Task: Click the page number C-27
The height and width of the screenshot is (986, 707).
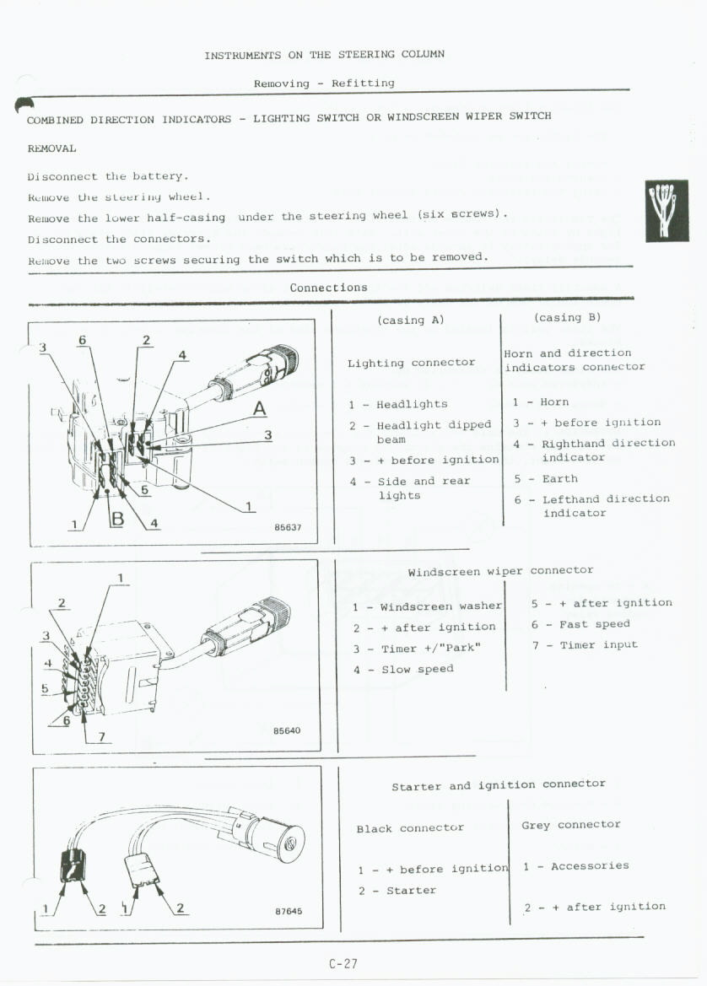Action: click(x=343, y=963)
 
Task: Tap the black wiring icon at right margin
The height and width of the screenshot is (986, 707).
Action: click(x=667, y=211)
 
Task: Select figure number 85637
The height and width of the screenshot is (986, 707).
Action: click(x=288, y=528)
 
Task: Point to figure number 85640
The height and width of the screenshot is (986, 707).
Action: click(x=287, y=730)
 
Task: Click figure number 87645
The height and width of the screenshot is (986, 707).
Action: click(x=289, y=911)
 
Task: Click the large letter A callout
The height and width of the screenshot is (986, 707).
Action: click(x=260, y=409)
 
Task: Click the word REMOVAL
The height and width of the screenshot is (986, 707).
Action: click(x=51, y=148)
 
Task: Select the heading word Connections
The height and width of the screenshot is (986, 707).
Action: click(x=328, y=288)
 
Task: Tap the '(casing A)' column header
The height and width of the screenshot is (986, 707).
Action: click(x=410, y=320)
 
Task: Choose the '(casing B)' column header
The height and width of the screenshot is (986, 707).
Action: click(x=567, y=318)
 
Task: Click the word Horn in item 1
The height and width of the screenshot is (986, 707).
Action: click(x=554, y=402)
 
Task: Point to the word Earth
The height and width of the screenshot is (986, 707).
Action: click(x=559, y=478)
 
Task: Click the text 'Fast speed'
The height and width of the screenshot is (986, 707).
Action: click(x=594, y=624)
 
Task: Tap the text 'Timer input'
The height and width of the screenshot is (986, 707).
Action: click(x=598, y=645)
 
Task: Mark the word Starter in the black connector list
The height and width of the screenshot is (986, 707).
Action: click(x=411, y=891)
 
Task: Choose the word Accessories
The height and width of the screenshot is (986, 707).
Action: click(x=590, y=866)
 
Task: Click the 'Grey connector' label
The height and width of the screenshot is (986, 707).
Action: click(x=571, y=825)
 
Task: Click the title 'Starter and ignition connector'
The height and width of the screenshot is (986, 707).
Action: click(x=498, y=785)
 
